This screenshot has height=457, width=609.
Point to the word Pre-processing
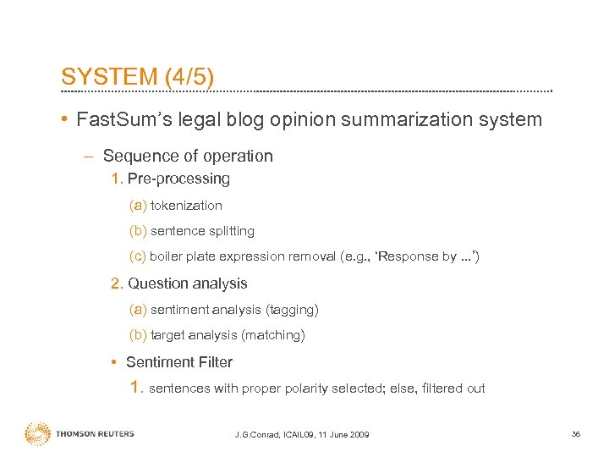coord(178,179)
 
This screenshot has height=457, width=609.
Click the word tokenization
coord(186,205)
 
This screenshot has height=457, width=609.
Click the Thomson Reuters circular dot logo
coord(38,433)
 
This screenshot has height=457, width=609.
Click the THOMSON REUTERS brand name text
coord(95,434)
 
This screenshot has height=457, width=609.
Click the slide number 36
coord(576,434)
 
